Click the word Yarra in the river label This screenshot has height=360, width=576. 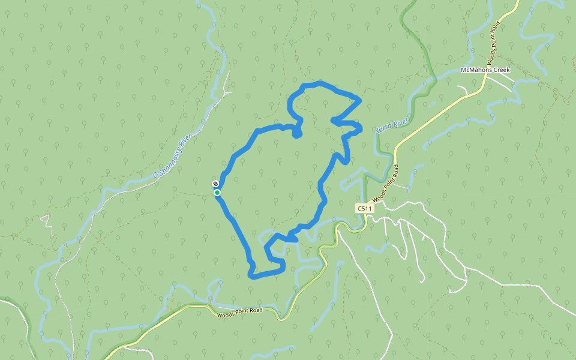382,128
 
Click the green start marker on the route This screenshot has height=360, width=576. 217,193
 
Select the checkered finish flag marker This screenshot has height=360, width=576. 215,184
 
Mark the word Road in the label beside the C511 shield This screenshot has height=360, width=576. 396,173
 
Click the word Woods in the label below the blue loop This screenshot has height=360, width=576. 226,314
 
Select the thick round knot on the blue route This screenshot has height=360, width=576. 297,133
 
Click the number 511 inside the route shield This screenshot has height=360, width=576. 366,208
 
